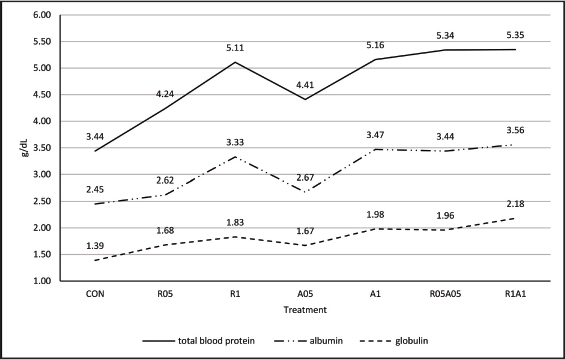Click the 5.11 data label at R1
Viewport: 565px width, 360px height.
[x=235, y=47]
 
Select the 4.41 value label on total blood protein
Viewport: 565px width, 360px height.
[x=305, y=85]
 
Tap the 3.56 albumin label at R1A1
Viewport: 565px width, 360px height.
[x=515, y=130]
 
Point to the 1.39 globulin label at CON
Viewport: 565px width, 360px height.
[x=95, y=246]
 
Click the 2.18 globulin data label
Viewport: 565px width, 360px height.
[x=515, y=204]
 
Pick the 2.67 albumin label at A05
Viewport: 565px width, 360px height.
[x=305, y=177]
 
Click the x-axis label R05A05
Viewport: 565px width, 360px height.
[x=445, y=294]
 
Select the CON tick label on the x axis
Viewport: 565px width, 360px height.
[x=95, y=294]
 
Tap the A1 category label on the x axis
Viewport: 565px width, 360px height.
[x=375, y=294]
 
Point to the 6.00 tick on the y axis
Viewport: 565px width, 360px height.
[x=42, y=15]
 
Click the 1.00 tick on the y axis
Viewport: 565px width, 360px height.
[x=42, y=281]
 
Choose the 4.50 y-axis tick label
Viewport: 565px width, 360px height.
[x=42, y=95]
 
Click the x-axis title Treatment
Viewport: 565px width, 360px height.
[x=305, y=310]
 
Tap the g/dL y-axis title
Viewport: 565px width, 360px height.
[x=25, y=148]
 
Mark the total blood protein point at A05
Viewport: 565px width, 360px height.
[x=305, y=99]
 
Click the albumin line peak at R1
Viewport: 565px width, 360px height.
[x=235, y=157]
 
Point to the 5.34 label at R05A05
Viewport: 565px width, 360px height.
[x=445, y=35]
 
